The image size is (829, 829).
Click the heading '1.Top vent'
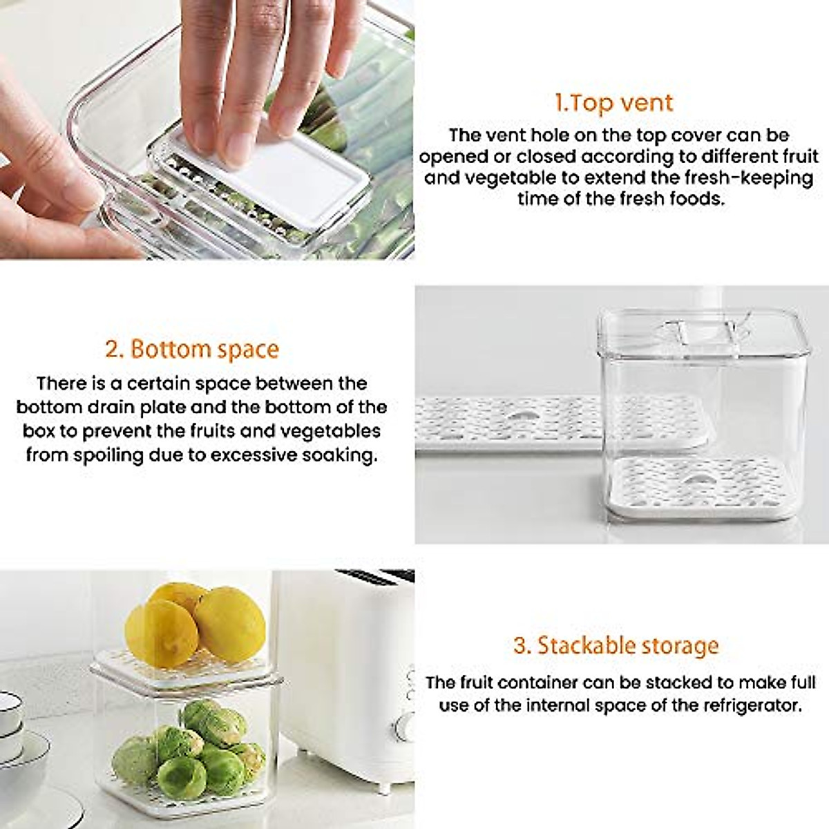[613, 103]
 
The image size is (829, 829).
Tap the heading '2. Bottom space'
[192, 349]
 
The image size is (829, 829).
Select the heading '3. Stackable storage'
[616, 646]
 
